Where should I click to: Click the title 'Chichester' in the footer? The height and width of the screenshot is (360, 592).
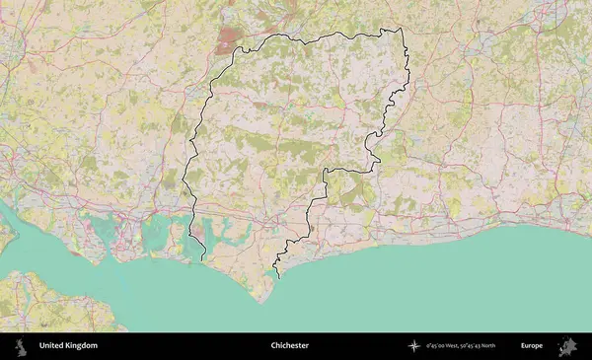click(x=290, y=346)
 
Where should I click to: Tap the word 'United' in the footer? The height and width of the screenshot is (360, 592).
click(x=52, y=346)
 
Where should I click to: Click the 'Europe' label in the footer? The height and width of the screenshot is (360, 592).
click(x=532, y=346)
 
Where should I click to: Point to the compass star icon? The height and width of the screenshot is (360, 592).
click(x=414, y=346)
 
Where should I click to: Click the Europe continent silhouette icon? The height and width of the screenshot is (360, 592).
click(x=567, y=346)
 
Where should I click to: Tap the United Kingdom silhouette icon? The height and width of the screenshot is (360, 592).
click(x=21, y=346)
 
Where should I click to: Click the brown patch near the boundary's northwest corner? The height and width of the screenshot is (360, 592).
click(x=229, y=39)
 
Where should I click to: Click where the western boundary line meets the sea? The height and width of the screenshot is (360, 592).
click(x=203, y=259)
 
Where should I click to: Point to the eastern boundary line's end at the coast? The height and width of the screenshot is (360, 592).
click(x=277, y=278)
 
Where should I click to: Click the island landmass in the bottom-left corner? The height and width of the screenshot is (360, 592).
click(x=49, y=301)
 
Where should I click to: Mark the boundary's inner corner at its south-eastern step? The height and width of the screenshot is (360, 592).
click(x=325, y=171)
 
